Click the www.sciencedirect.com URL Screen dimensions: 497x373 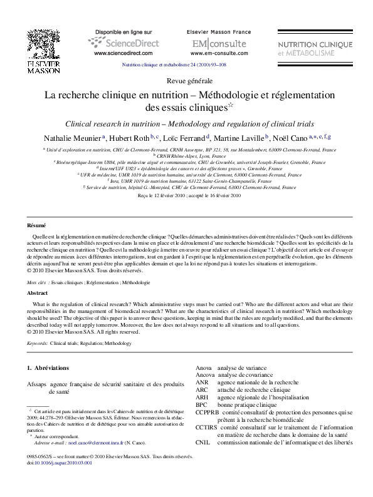[123, 54]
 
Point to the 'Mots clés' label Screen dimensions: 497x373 [38, 283]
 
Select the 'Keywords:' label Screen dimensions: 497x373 [38, 344]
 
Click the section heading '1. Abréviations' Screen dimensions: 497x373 [48, 367]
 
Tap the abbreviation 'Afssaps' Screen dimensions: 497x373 [36, 383]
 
